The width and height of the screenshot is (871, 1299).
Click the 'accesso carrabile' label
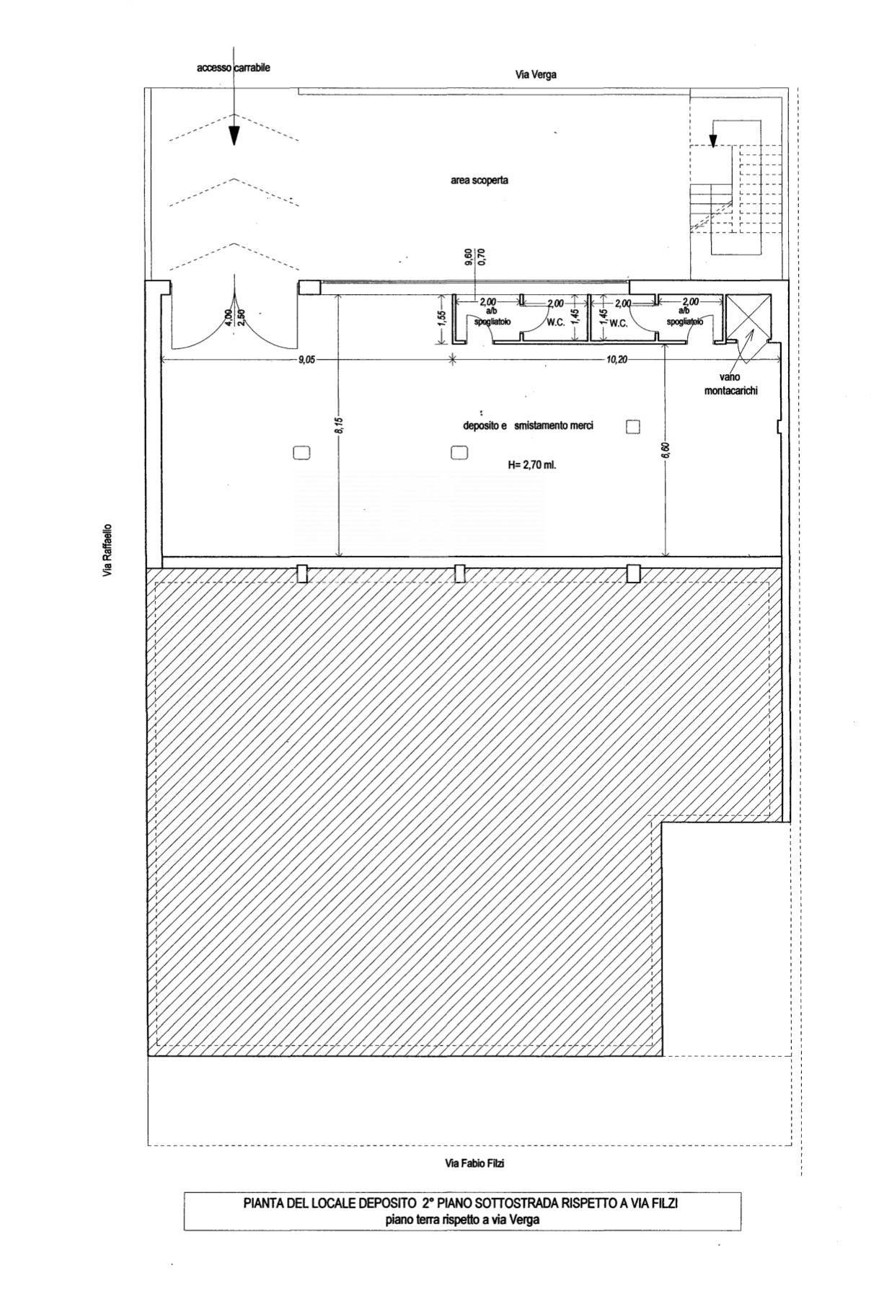point(234,68)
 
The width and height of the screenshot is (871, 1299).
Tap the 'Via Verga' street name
point(536,74)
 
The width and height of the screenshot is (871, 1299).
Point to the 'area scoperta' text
point(479,180)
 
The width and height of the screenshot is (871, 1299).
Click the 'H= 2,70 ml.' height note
point(532,466)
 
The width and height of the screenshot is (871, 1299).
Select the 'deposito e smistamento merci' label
point(528,426)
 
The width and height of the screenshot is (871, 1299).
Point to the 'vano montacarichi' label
point(737,384)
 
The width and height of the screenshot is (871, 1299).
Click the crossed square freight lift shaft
point(748,317)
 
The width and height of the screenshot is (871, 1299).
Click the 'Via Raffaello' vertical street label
point(107,550)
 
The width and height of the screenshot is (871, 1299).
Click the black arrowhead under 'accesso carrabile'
point(234,136)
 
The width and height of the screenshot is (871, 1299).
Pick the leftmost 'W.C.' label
point(555,323)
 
